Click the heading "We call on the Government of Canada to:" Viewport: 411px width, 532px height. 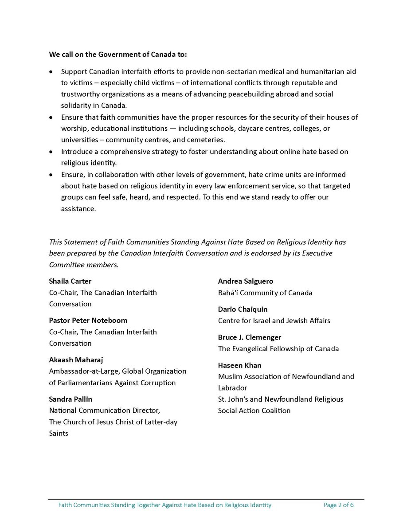(118, 55)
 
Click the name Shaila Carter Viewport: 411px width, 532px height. (70, 281)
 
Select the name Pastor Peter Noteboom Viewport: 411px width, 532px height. (88, 320)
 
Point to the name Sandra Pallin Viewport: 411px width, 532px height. (70, 399)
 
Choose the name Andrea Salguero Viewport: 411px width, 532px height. (246, 281)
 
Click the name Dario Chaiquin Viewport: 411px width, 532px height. (243, 309)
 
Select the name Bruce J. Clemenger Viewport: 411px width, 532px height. (250, 337)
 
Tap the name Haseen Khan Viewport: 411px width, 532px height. (240, 365)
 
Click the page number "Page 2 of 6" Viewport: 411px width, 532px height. (339, 505)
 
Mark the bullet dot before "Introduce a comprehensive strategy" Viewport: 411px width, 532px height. (51, 152)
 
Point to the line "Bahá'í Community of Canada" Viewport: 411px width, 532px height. (265, 293)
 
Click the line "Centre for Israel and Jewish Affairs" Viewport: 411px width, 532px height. (274, 321)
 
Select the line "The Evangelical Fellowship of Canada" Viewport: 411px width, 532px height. (278, 348)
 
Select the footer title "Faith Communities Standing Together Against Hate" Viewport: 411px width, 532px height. (164, 505)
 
